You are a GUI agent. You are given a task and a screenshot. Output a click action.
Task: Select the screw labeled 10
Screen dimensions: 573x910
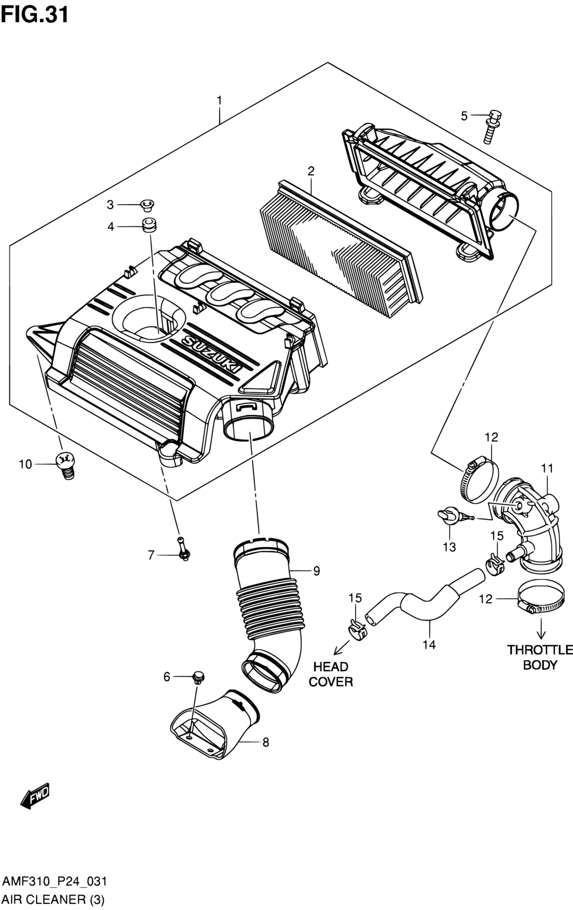click(x=65, y=465)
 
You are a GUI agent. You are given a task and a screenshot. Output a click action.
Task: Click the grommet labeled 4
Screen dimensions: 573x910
click(x=149, y=226)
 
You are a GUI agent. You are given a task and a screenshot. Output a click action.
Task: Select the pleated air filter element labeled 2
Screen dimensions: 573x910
click(x=341, y=250)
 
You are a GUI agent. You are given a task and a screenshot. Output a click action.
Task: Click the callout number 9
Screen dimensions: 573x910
click(x=316, y=571)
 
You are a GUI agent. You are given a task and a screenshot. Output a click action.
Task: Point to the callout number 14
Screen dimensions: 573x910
click(x=429, y=645)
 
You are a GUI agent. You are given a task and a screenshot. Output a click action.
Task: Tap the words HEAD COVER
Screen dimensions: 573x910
click(x=331, y=674)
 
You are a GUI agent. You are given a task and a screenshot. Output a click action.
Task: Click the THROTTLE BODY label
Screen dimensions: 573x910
click(x=540, y=658)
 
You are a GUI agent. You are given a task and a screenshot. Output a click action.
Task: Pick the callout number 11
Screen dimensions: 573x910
click(x=547, y=468)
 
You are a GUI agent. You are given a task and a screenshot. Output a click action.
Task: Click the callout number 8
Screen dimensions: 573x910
click(x=266, y=742)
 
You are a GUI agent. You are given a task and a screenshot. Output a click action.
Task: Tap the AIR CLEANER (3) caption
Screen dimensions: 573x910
click(x=53, y=899)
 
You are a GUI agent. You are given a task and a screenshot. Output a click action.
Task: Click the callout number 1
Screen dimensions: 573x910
click(x=219, y=100)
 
